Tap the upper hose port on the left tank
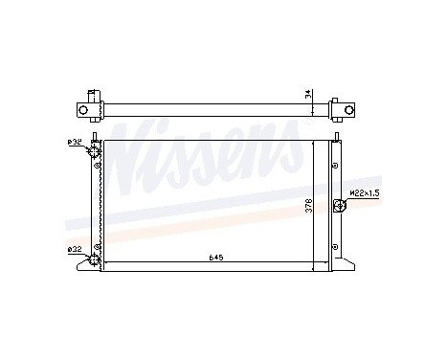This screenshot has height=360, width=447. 94,153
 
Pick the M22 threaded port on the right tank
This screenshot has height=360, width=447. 341,204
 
